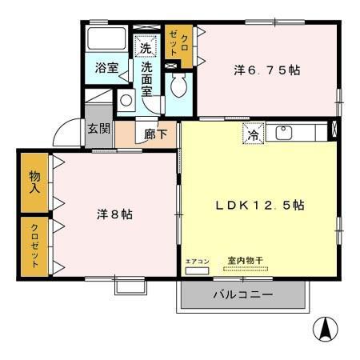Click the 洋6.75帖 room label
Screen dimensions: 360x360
pos(267,70)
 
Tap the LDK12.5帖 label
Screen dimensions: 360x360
pos(260,205)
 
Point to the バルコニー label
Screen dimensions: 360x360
pos(242,295)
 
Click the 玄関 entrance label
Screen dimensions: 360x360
pos(98,129)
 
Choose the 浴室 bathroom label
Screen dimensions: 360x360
pos(106,68)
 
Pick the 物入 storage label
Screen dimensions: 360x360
pos(36,182)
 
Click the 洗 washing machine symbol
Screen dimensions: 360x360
pos(145,48)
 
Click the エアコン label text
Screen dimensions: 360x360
pos(196,262)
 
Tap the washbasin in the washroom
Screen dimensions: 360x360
pos(126,101)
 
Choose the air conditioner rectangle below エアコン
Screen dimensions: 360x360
pos(196,270)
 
